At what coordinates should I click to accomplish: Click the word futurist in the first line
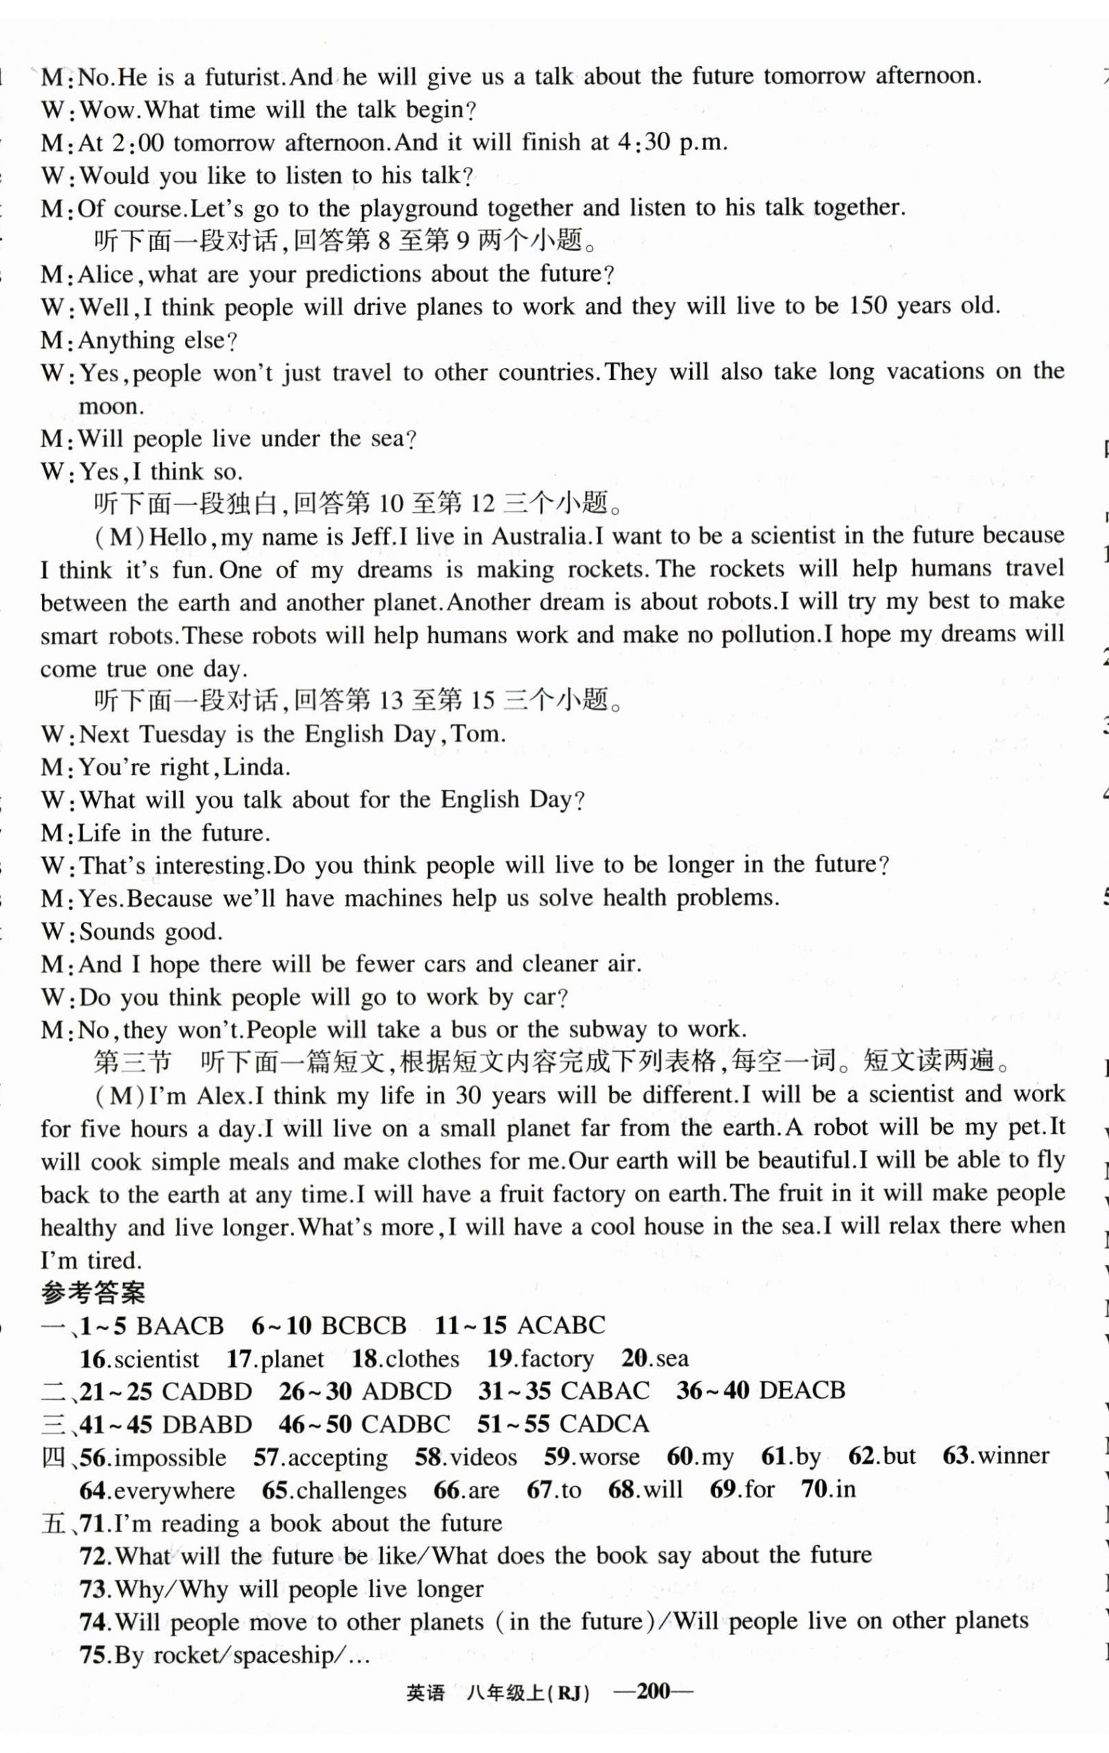pos(239,77)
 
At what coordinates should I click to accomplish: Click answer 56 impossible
pos(154,1458)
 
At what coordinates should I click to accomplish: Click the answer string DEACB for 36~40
pos(802,1391)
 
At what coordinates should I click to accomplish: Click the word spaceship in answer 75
pos(285,1655)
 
